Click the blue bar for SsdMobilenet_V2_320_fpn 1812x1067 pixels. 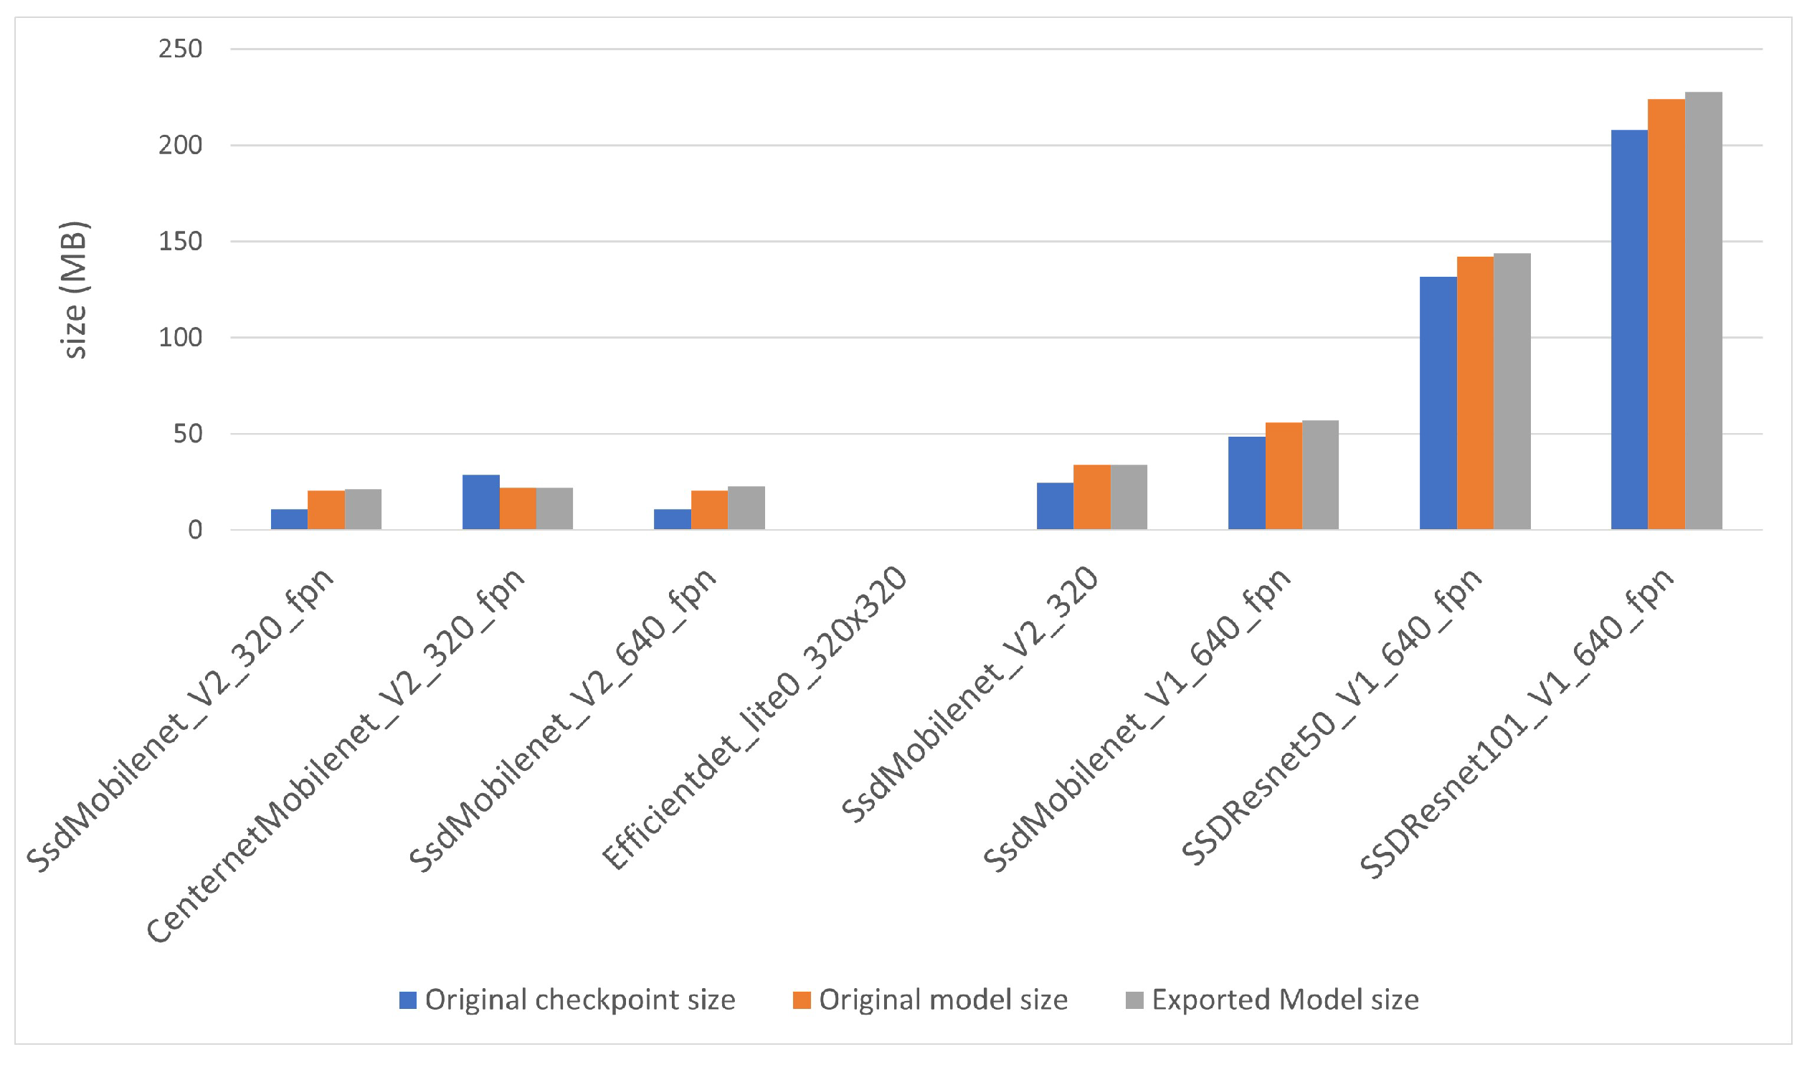tap(289, 519)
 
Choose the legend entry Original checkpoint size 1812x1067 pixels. tap(567, 1000)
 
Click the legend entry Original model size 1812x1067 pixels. tap(931, 1000)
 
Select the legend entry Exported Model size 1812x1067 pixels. tap(1272, 1000)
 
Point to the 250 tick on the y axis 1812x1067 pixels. tap(181, 49)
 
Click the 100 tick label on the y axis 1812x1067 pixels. tap(181, 337)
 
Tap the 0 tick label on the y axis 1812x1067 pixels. tap(195, 530)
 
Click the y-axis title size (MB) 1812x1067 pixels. tap(75, 290)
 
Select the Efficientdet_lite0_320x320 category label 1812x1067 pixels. tap(755, 719)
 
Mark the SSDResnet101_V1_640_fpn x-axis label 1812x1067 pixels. tap(1517, 723)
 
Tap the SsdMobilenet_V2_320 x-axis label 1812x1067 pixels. tap(971, 694)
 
